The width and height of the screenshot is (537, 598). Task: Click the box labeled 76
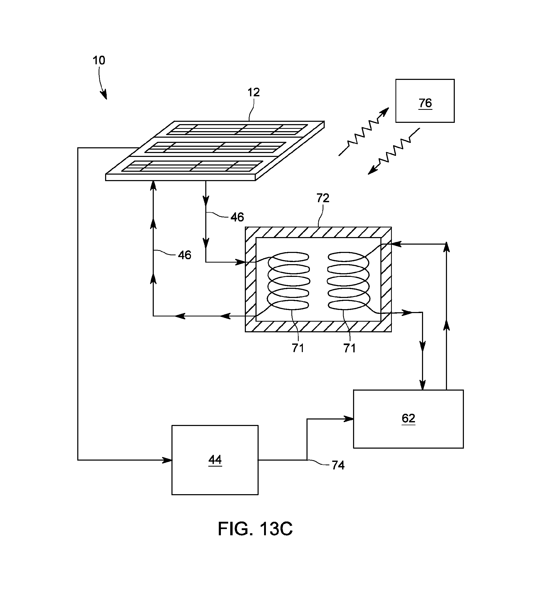[x=425, y=101]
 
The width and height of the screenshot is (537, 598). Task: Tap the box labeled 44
[x=215, y=460]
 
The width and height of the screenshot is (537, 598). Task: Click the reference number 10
[x=99, y=61]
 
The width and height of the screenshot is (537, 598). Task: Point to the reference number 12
[x=253, y=93]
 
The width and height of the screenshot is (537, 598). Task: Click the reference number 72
[x=323, y=198]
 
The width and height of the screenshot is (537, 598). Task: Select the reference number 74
[x=338, y=466]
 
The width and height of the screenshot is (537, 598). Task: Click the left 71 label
[x=298, y=348]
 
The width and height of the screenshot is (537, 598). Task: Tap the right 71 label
[x=349, y=348]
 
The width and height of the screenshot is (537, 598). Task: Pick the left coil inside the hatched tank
[x=289, y=281]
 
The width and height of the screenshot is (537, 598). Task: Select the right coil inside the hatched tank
[x=348, y=281]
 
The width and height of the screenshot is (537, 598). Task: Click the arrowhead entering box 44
[x=168, y=460]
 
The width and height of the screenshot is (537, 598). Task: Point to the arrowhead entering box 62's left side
[x=349, y=418]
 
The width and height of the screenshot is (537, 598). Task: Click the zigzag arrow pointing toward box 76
[x=363, y=132]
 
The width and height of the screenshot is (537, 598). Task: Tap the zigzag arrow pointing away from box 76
[x=394, y=151]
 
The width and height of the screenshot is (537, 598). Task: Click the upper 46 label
[x=237, y=218]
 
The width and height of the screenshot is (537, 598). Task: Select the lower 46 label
[x=184, y=255]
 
